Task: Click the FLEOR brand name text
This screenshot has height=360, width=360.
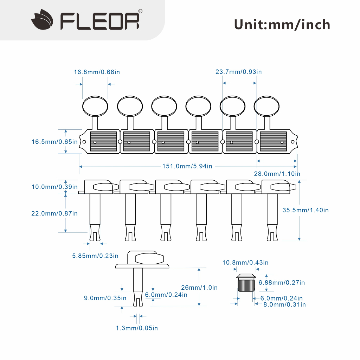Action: pyautogui.click(x=99, y=21)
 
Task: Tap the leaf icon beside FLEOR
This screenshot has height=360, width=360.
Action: pyautogui.click(x=42, y=20)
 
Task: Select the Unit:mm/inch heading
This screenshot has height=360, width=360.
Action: pyautogui.click(x=282, y=25)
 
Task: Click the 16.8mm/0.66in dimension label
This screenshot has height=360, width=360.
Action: pyautogui.click(x=97, y=72)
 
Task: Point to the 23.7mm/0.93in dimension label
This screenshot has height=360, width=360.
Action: pyautogui.click(x=239, y=72)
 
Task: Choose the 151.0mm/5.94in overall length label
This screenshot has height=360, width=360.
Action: pyautogui.click(x=187, y=166)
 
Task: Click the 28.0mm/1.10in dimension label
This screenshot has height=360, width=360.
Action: pyautogui.click(x=277, y=174)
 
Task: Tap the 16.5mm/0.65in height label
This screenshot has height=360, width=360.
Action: pyautogui.click(x=54, y=142)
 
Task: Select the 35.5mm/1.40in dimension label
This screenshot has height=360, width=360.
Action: pyautogui.click(x=306, y=210)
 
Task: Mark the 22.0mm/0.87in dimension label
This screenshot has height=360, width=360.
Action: pyautogui.click(x=54, y=213)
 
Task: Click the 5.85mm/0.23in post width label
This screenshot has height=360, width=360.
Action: pyautogui.click(x=95, y=256)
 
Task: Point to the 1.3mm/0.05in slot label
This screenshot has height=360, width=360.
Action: pyautogui.click(x=137, y=328)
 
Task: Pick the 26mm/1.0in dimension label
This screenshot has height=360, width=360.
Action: pyautogui.click(x=199, y=288)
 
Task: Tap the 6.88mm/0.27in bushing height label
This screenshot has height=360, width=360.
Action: pyautogui.click(x=282, y=283)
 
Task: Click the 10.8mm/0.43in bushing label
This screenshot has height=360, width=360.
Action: pyautogui.click(x=245, y=262)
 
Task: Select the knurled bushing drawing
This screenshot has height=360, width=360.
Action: pyautogui.click(x=246, y=283)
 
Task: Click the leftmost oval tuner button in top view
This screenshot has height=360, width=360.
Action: pyautogui.click(x=95, y=107)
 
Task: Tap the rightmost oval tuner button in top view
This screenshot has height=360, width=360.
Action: pyautogui.click(x=266, y=107)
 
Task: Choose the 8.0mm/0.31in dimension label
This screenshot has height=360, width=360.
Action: pyautogui.click(x=284, y=305)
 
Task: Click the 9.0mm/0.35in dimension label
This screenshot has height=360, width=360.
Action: pyautogui.click(x=105, y=298)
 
